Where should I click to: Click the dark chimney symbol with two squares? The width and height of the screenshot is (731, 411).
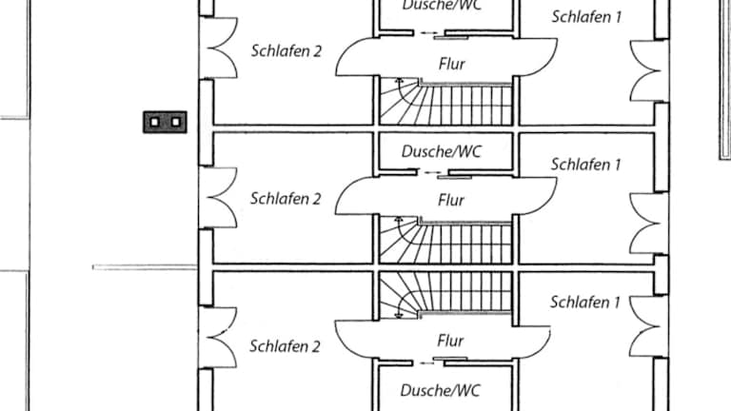click(165, 121)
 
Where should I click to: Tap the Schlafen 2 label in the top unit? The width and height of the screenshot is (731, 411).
click(286, 50)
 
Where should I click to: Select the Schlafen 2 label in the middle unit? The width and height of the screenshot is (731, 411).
click(286, 199)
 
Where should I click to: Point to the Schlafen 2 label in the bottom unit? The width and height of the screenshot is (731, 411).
click(285, 346)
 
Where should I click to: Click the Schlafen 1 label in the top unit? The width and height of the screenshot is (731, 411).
click(586, 16)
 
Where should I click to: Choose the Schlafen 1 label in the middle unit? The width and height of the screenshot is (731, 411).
click(586, 165)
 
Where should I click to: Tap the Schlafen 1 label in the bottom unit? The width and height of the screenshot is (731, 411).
click(585, 303)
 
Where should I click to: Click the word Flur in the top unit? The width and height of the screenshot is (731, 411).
click(451, 64)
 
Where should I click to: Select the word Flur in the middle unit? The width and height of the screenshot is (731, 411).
click(451, 201)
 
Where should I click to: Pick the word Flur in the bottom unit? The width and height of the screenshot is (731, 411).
click(450, 340)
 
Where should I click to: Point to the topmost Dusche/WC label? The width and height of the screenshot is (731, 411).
click(441, 5)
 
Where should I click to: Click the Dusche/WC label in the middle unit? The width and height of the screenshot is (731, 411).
click(442, 151)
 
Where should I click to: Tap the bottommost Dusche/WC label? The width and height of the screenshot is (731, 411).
click(441, 390)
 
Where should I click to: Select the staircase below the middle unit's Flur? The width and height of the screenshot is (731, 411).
click(445, 242)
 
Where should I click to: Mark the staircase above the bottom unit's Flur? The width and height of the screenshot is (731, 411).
click(445, 292)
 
